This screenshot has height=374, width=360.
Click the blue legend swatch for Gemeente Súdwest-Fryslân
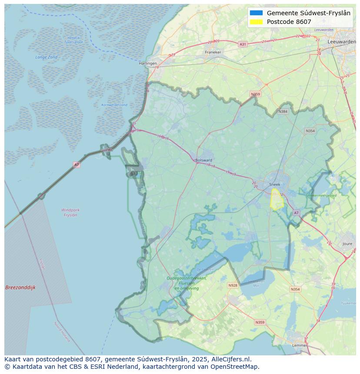257,13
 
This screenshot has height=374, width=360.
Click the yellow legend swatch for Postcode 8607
257,22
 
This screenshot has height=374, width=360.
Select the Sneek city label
275,185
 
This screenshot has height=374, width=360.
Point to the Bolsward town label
203,160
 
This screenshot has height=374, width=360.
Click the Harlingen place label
148,63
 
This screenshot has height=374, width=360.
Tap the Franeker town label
213,52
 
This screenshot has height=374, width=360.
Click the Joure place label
347,244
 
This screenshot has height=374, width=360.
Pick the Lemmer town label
300,345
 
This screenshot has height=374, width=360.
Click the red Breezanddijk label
20,288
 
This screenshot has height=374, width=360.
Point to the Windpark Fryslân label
70,212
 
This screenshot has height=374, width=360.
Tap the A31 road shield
243,44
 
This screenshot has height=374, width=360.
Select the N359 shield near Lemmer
260,322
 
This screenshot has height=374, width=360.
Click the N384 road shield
283,112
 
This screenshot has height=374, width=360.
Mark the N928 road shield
233,285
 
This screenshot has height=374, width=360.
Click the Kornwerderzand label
114,105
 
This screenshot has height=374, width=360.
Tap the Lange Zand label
47,57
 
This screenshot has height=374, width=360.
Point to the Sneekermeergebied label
321,196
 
